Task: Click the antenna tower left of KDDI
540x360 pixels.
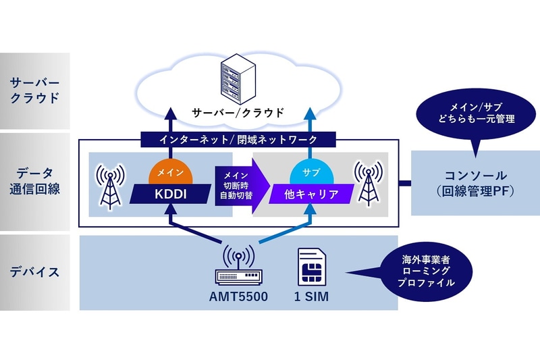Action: tap(109, 184)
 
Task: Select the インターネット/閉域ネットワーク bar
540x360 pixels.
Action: tap(238, 140)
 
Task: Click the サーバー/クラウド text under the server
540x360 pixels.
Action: tap(238, 112)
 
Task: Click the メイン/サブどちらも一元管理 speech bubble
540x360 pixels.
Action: tap(472, 113)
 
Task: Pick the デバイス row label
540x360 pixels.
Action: tap(34, 272)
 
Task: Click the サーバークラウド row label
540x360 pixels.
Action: tap(34, 91)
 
